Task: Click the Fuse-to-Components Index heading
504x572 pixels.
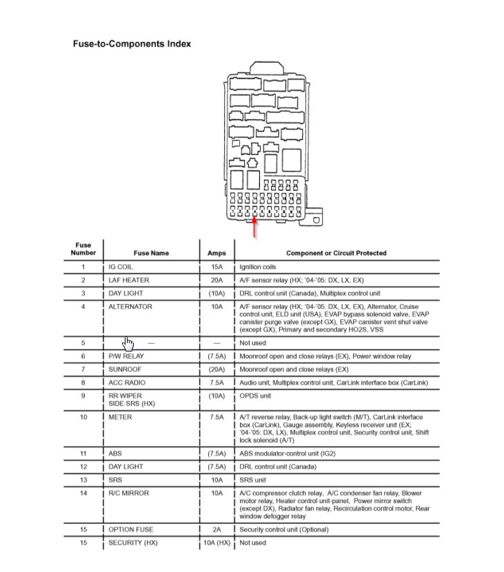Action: (x=132, y=43)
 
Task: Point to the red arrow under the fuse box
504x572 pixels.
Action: (x=255, y=228)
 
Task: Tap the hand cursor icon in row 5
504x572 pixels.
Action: (x=129, y=343)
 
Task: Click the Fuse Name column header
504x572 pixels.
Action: (x=151, y=253)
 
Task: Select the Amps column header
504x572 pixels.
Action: (x=216, y=253)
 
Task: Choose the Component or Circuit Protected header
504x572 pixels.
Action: (x=336, y=253)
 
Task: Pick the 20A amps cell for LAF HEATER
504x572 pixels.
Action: (x=216, y=280)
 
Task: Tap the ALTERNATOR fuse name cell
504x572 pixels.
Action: (x=130, y=307)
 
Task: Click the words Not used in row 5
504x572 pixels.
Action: (x=252, y=343)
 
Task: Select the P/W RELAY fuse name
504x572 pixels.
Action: (x=125, y=356)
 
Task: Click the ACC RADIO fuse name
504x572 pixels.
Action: (x=127, y=382)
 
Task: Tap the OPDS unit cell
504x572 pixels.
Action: (x=255, y=396)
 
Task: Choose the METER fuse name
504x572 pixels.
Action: (x=120, y=417)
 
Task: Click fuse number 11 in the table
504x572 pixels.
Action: (x=83, y=453)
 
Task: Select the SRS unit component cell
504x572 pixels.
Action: (x=252, y=480)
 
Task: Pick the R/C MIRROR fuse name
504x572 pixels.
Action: (x=128, y=493)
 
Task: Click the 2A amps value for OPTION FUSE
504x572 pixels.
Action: (x=216, y=530)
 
